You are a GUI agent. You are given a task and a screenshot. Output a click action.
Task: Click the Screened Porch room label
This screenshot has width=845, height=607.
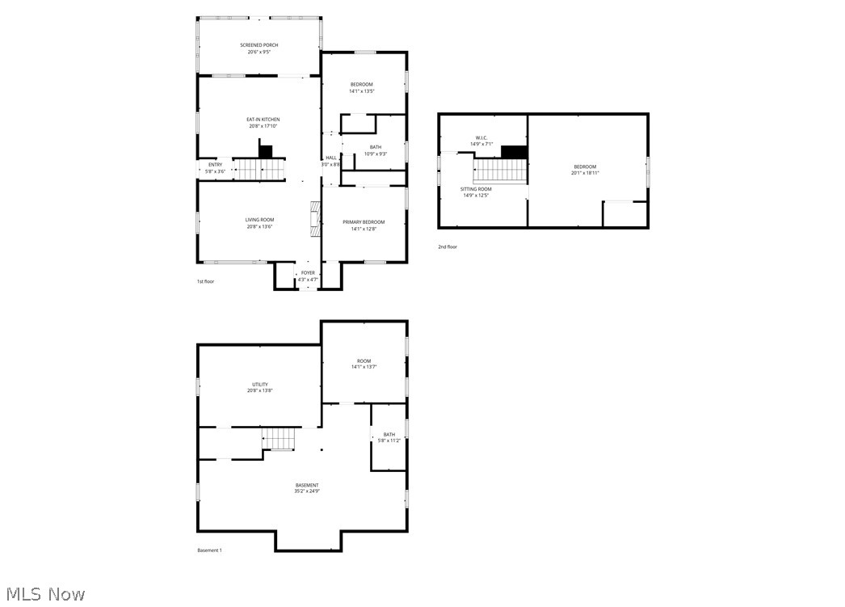click(259, 45)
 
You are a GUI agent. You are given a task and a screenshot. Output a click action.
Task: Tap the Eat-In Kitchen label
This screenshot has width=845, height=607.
click(263, 120)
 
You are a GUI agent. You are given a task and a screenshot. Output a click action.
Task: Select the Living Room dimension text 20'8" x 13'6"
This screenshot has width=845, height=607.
click(259, 227)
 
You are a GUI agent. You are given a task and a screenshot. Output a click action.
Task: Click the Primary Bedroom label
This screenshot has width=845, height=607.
click(364, 222)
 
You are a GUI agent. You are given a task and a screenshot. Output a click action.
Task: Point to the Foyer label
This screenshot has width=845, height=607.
click(308, 273)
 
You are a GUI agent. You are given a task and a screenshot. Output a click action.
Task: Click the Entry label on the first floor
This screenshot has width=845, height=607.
click(215, 165)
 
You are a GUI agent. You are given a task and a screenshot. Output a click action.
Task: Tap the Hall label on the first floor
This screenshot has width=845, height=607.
click(331, 158)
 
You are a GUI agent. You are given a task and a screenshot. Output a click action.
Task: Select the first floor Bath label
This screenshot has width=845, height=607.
click(376, 147)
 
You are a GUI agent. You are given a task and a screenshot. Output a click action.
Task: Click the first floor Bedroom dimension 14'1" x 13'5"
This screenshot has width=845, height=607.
click(361, 91)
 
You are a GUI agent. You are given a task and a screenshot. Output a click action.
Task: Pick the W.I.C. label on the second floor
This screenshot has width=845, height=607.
click(481, 138)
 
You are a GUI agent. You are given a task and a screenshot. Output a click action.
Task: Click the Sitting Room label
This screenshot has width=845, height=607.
click(476, 189)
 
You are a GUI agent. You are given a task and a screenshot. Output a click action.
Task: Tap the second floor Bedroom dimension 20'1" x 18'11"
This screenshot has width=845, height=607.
click(585, 173)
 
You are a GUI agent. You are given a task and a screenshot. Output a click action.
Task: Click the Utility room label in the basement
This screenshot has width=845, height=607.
click(259, 385)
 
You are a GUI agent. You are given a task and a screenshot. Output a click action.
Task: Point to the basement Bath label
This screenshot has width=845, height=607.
click(389, 435)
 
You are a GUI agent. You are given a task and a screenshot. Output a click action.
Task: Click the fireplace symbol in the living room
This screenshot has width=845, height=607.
click(315, 218)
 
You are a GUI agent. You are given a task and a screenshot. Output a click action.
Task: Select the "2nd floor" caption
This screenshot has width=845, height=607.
click(447, 247)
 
